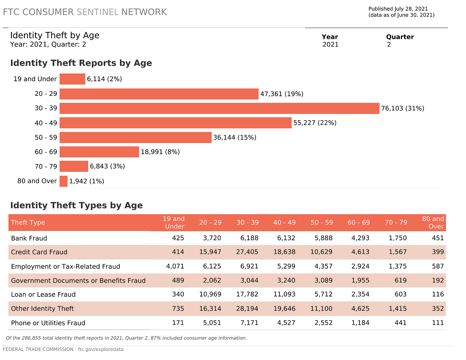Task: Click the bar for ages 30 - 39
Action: pos(219,108)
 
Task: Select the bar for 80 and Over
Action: pos(64,181)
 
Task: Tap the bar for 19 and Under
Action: pos(72,79)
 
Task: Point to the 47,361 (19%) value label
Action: pos(282,94)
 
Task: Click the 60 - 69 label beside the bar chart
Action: pos(46,152)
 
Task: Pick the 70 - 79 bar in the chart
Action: pos(74,166)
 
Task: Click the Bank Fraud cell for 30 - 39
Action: pos(249,238)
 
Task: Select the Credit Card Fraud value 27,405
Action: pos(247,252)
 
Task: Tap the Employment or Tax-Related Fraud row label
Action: pos(66,267)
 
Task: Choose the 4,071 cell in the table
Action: pos(175,267)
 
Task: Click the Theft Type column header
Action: pos(28,223)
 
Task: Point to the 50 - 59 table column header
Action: pos(322,223)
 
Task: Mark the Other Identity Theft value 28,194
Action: pos(247,308)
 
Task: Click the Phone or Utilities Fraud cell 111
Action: pos(438,323)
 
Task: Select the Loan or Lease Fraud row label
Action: pos(43,294)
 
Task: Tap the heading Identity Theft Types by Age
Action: pos(76,205)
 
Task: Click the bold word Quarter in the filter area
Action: pos(400,37)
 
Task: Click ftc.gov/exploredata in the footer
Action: pos(101,349)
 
